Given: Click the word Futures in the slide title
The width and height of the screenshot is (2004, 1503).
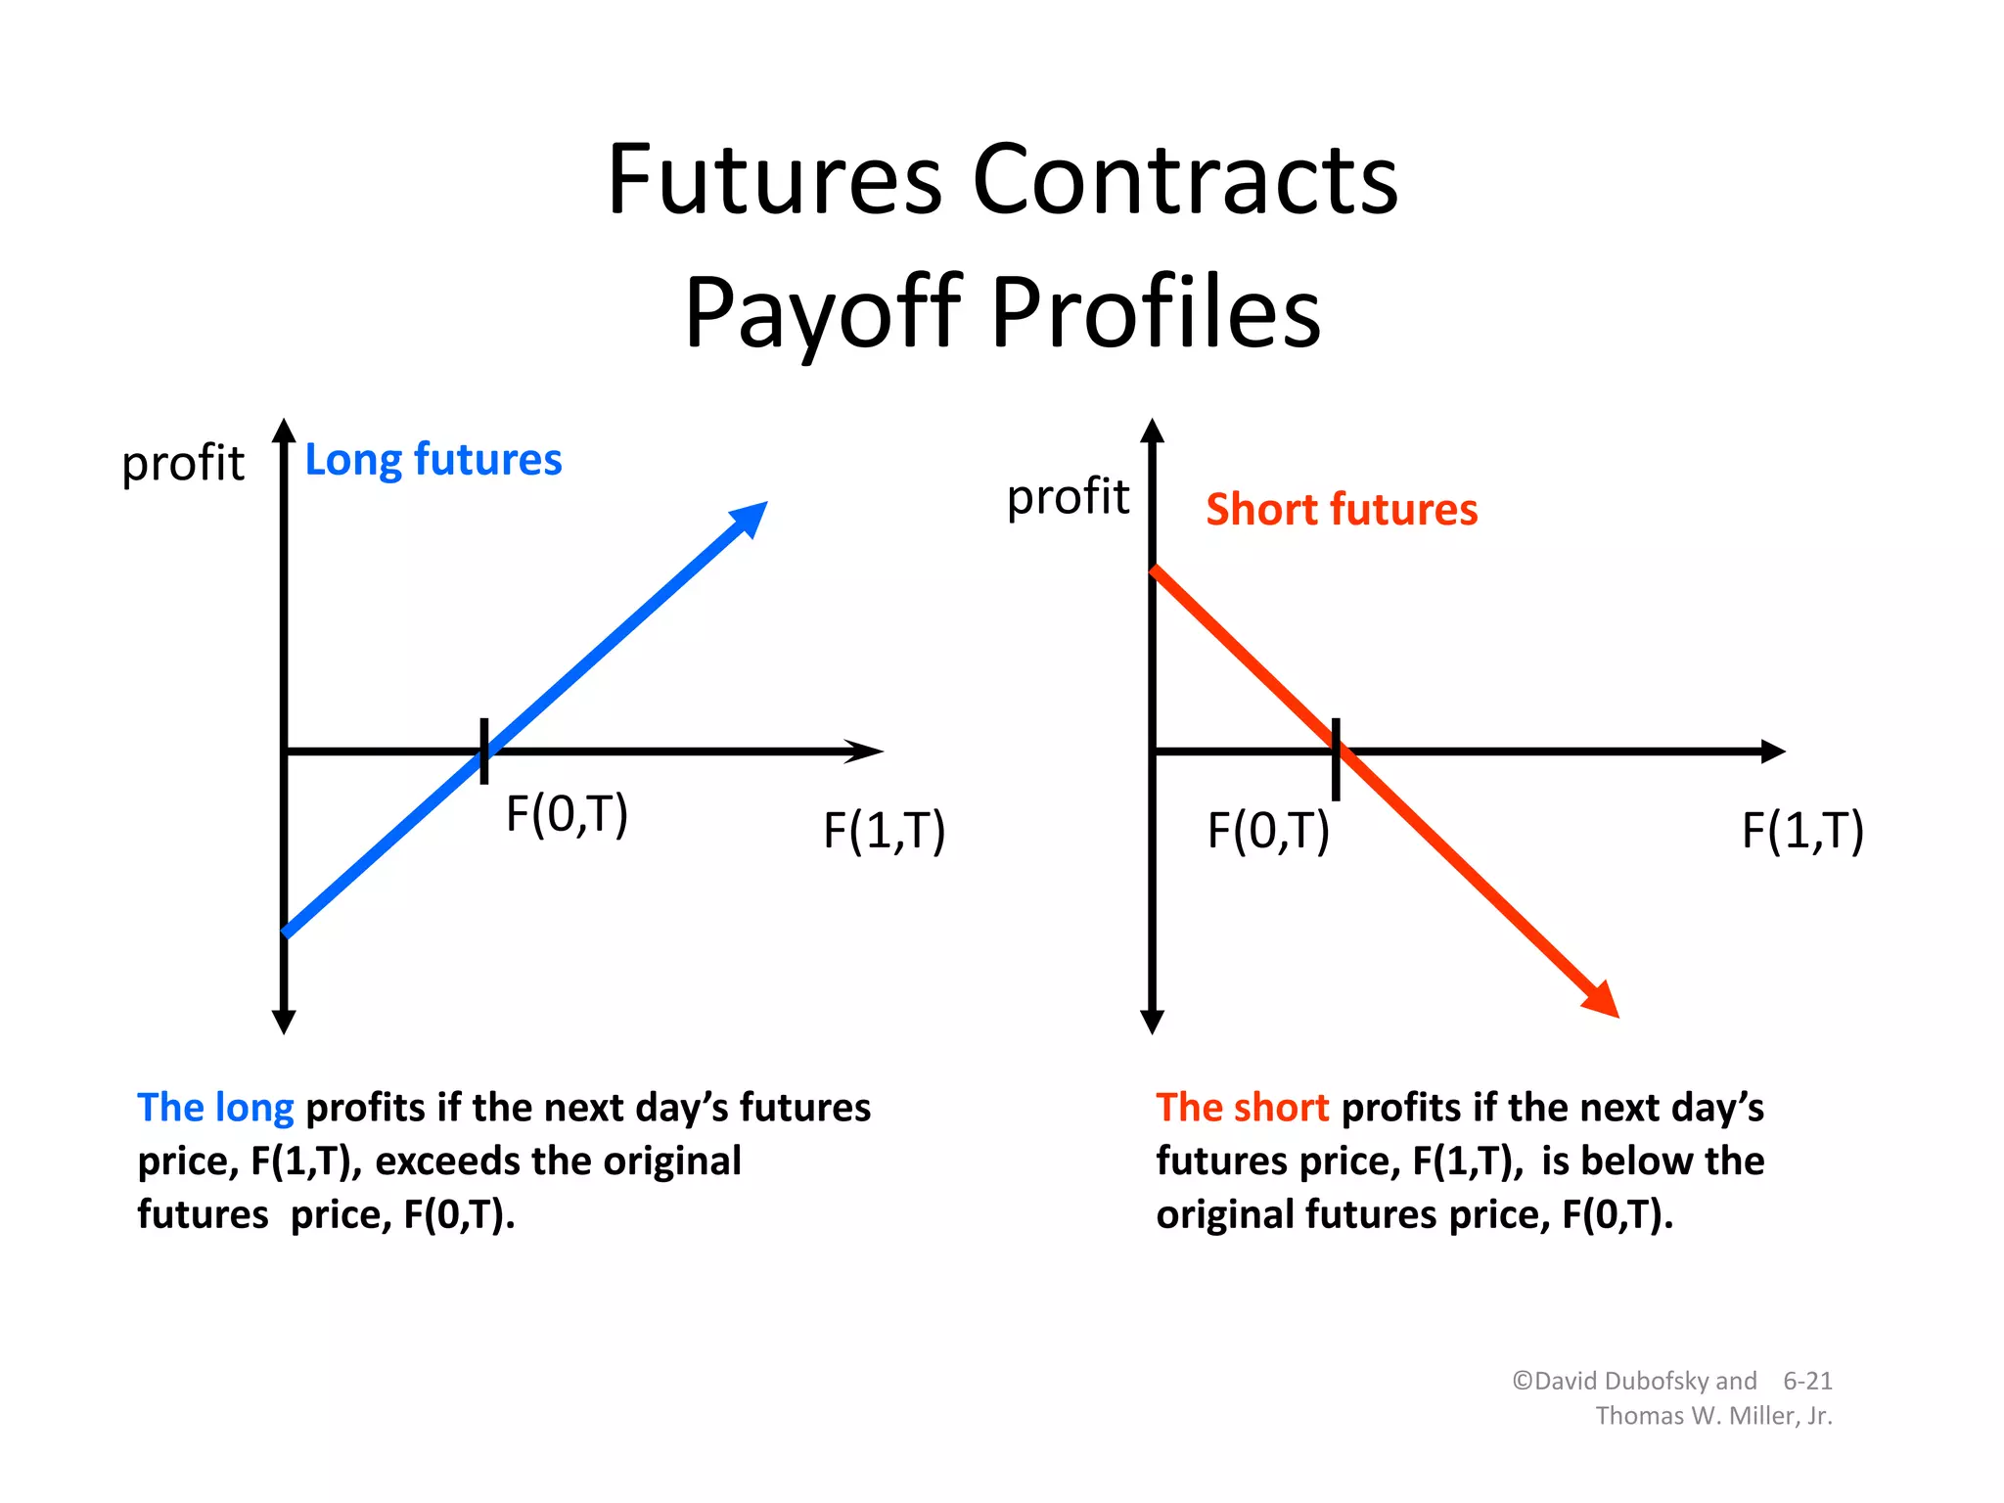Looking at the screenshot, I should click(x=774, y=181).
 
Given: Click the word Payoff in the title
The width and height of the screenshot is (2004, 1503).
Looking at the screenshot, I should click(x=823, y=313).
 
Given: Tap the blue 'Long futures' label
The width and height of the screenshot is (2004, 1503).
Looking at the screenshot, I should click(x=433, y=460).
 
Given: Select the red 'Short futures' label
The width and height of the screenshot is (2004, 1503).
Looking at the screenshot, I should click(x=1342, y=510).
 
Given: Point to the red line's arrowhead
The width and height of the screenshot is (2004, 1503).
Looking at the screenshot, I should click(x=1602, y=1001).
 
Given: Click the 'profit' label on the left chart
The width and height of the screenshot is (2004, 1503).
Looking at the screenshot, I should click(x=183, y=464).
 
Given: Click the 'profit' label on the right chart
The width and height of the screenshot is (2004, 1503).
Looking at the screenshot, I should click(x=1068, y=497).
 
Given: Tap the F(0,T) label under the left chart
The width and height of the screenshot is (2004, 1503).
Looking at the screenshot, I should click(x=567, y=814).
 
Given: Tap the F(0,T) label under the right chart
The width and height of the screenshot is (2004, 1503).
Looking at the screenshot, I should click(x=1268, y=831).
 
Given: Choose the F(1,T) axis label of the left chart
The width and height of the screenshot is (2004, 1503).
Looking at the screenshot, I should click(x=884, y=831).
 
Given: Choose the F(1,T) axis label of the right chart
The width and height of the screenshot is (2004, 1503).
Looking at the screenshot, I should click(x=1802, y=831).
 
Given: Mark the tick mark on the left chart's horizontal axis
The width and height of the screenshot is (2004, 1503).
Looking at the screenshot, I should click(x=484, y=751).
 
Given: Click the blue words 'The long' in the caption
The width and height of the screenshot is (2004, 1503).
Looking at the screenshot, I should click(x=215, y=1108).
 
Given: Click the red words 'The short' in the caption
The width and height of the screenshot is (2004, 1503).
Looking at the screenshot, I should click(x=1242, y=1108).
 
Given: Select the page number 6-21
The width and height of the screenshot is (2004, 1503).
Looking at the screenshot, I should click(x=1807, y=1381).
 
